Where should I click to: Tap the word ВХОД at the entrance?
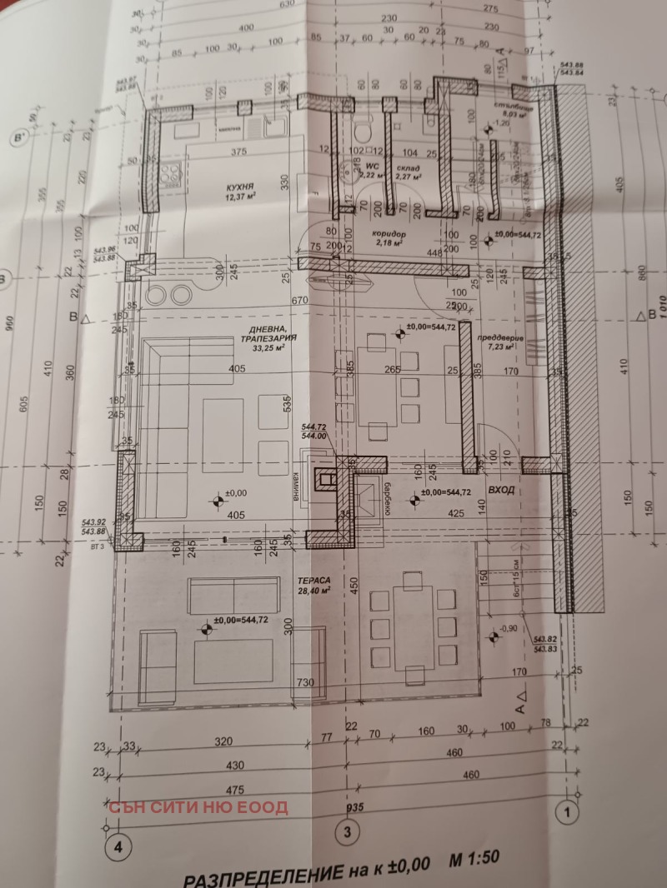coord(502,491)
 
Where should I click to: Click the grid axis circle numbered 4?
coord(119,846)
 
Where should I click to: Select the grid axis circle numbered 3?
coord(349,831)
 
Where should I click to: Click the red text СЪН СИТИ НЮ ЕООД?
coord(198,806)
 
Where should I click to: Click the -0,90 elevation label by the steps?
coord(509,629)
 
